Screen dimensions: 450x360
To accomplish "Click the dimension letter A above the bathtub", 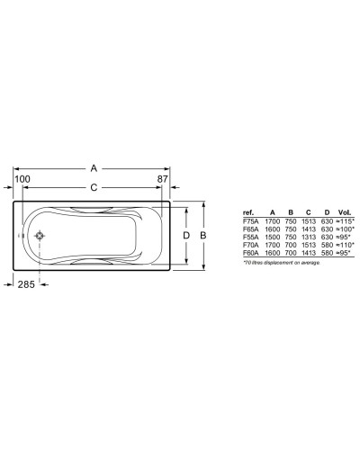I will coord(94,167).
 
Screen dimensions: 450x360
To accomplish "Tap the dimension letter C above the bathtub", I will coord(94,188).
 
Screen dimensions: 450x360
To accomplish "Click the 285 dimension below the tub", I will coord(29,284).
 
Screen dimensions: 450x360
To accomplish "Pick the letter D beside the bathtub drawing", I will coord(186,236).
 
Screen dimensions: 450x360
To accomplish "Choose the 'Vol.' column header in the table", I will coord(346,213).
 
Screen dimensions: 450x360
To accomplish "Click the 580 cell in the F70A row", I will coord(328,245).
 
